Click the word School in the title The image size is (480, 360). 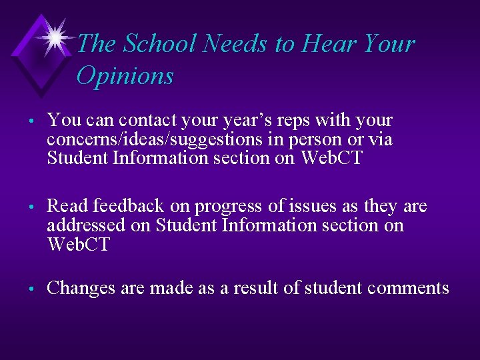coord(160,44)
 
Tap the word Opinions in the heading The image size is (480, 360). coord(125,76)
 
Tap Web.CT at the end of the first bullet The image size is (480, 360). coord(331,159)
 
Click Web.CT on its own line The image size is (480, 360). coord(77,245)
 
